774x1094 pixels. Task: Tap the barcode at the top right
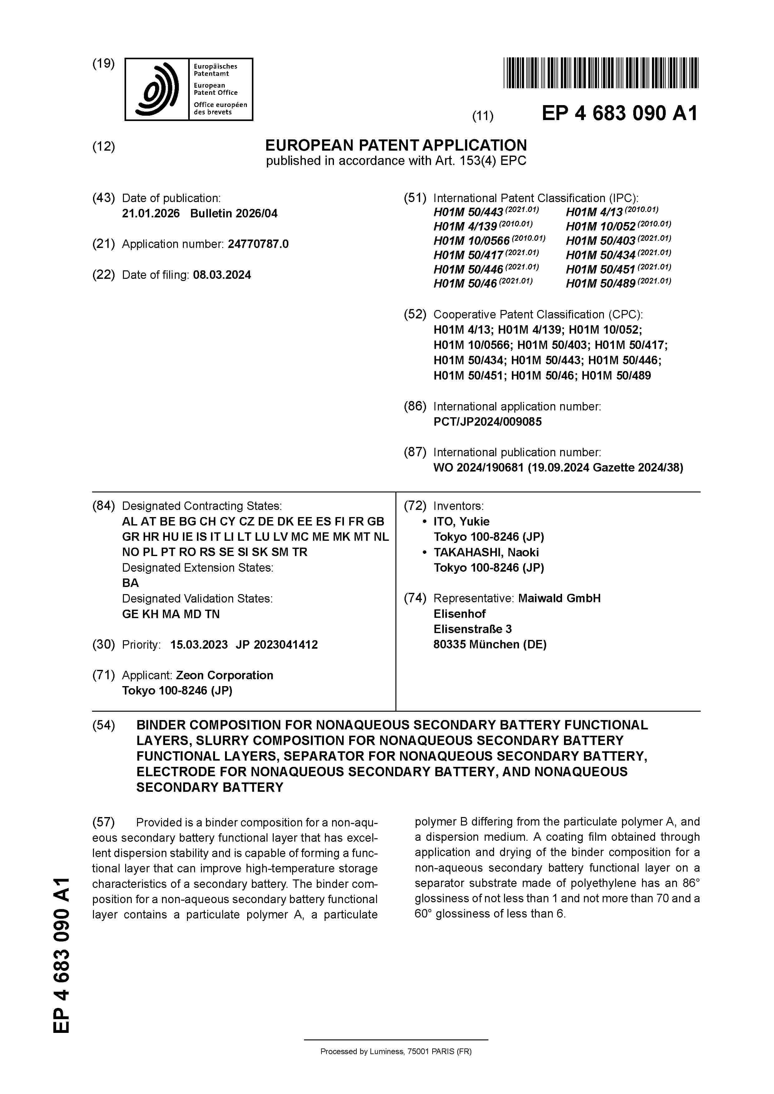600,73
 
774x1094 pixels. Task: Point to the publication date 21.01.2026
151,213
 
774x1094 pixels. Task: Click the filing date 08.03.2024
222,275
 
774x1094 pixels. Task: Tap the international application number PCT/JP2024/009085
487,422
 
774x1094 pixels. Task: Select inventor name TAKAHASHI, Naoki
486,552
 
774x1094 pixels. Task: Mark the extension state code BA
130,583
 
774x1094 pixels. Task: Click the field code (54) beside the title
104,725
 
